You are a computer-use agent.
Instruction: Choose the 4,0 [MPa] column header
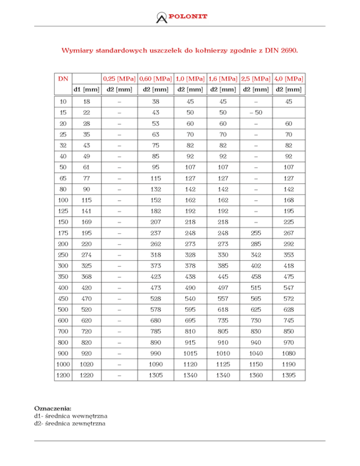point(288,78)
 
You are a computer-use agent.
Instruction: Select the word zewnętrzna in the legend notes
point(89,423)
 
